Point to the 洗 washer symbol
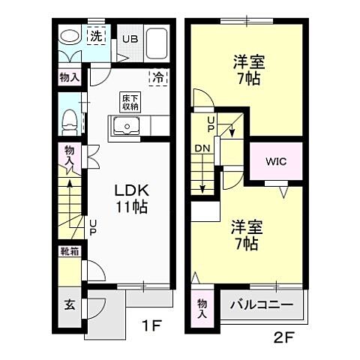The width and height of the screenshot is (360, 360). [x=97, y=35]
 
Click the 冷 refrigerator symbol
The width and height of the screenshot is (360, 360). [x=159, y=76]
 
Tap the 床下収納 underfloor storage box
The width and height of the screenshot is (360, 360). [x=130, y=102]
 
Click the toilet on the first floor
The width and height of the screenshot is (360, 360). [x=69, y=118]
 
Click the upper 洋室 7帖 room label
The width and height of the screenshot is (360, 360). [x=247, y=70]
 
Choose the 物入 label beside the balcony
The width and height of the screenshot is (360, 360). [x=202, y=308]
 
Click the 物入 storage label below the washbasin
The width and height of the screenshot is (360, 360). [x=69, y=76]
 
